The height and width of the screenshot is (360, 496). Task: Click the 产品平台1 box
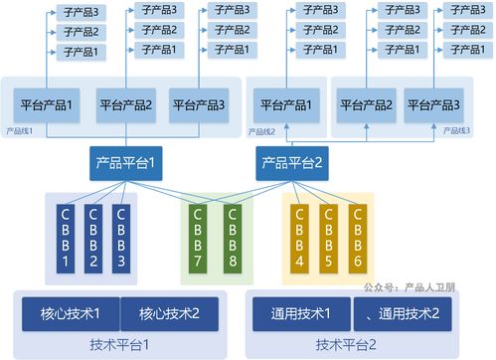point(125,161)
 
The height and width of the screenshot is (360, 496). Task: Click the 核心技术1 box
point(71,313)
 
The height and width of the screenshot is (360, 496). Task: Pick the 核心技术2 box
point(169,313)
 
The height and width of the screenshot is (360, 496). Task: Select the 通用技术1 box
point(301,313)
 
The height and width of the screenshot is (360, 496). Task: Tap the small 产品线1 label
point(20,130)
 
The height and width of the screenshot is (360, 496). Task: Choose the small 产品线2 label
point(260,130)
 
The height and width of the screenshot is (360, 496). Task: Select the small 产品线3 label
point(456,130)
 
